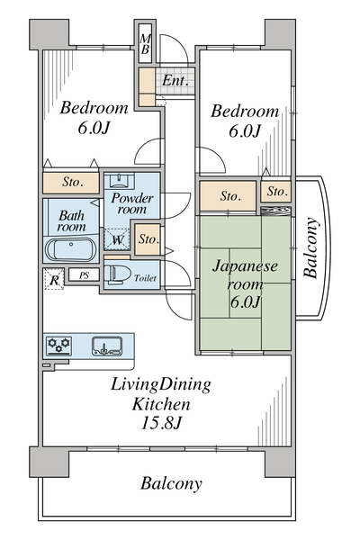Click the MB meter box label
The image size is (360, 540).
(x=145, y=44)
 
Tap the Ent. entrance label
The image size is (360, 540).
(x=175, y=81)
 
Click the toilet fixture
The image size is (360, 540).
(x=116, y=274)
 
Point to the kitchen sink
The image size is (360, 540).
(x=107, y=346)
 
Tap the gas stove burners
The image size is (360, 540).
(x=58, y=346)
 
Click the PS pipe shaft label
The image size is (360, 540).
(x=84, y=275)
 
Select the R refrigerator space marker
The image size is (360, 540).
(x=54, y=279)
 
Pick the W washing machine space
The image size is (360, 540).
(x=117, y=239)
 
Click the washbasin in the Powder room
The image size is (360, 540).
(x=119, y=181)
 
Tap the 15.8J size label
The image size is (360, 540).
(x=161, y=423)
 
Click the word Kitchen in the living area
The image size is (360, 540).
(x=161, y=404)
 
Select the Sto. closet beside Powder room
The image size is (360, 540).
(x=148, y=239)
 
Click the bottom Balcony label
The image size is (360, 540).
(x=171, y=483)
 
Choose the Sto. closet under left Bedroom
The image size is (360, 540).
(x=71, y=182)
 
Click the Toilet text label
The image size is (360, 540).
(x=145, y=277)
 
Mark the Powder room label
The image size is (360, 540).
(x=131, y=203)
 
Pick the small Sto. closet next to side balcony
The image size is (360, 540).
(x=276, y=191)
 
